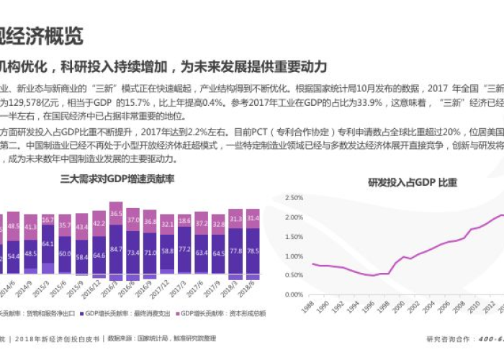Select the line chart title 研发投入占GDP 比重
(413, 182)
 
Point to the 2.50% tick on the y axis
(292, 198)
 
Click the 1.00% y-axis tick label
(292, 256)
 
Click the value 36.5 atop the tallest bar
(114, 214)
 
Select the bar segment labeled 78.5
(253, 251)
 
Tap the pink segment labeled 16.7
(48, 220)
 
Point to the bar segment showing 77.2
(184, 249)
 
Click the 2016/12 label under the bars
(150, 291)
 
